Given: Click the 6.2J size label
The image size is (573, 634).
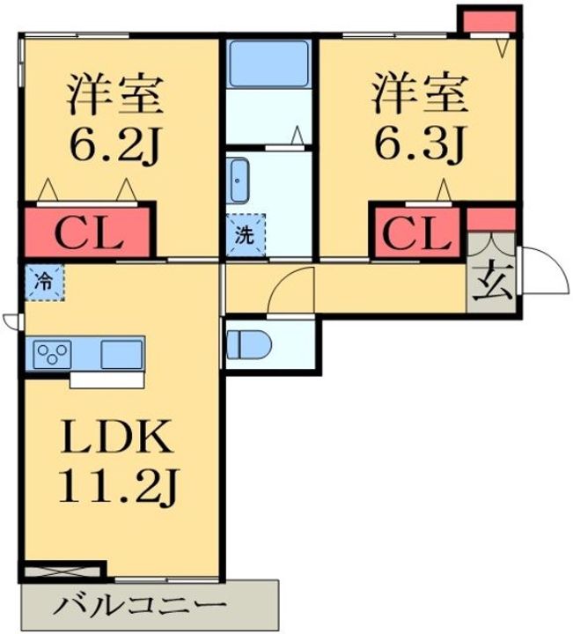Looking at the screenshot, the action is coord(114,144).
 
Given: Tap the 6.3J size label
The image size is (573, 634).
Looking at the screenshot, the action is coord(420,144).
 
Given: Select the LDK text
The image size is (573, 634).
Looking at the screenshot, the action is coord(116,437).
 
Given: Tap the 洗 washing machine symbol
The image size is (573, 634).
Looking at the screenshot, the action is coord(246,235).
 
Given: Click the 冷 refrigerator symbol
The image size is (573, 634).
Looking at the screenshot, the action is coord(44,283).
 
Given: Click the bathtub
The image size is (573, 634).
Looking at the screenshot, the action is coord(268,64).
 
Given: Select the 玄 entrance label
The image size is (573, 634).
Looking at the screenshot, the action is coord(492,284).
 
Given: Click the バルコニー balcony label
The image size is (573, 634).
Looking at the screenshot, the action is coord(140,606).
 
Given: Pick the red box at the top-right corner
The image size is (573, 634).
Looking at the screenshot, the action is coord(489,22).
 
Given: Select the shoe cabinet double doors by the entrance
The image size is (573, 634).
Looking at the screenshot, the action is coord(491,245).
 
